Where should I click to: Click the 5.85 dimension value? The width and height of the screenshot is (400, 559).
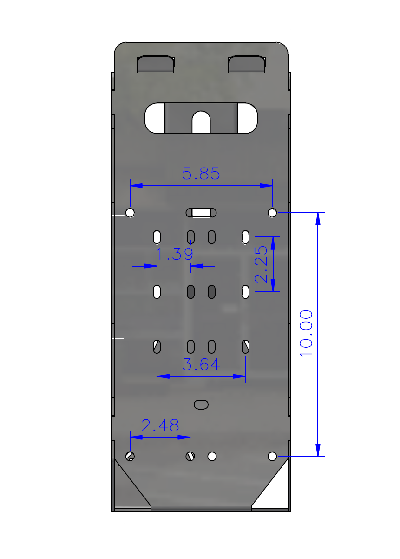click(201, 174)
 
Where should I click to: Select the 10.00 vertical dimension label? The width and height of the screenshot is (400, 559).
click(307, 333)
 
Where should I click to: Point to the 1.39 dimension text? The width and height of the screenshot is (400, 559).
click(174, 254)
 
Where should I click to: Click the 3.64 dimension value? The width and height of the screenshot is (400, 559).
click(201, 364)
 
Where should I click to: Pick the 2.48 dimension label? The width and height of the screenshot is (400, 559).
click(160, 425)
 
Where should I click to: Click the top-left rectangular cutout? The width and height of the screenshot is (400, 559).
click(155, 64)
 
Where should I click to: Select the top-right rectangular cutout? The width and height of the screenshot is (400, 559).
click(247, 64)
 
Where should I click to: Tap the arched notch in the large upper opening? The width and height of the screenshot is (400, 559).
click(201, 121)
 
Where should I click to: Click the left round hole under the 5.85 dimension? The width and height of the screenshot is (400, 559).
click(130, 213)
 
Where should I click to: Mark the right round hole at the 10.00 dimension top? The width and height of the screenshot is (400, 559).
click(272, 213)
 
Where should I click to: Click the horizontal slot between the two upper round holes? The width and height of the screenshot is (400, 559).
click(202, 213)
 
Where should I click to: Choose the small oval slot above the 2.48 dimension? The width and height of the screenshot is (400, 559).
click(201, 404)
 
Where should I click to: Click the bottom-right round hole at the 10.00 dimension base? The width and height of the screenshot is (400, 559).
click(272, 456)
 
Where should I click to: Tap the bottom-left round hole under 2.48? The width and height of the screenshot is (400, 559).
click(130, 456)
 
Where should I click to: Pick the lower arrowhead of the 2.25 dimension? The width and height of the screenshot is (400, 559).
click(273, 285)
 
